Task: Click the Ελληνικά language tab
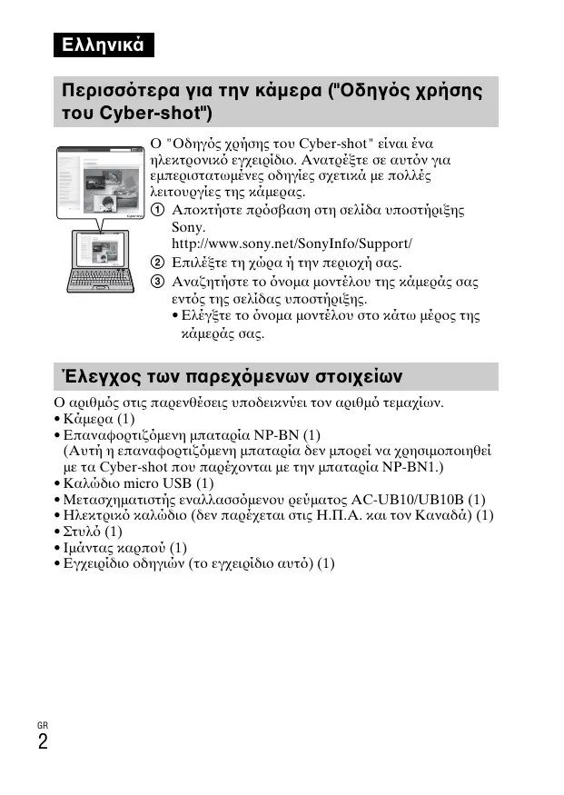(103, 45)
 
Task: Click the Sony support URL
(292, 243)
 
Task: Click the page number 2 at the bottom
(43, 742)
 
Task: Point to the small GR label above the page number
(43, 724)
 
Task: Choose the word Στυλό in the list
(82, 531)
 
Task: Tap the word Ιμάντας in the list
(89, 547)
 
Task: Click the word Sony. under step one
(189, 227)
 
